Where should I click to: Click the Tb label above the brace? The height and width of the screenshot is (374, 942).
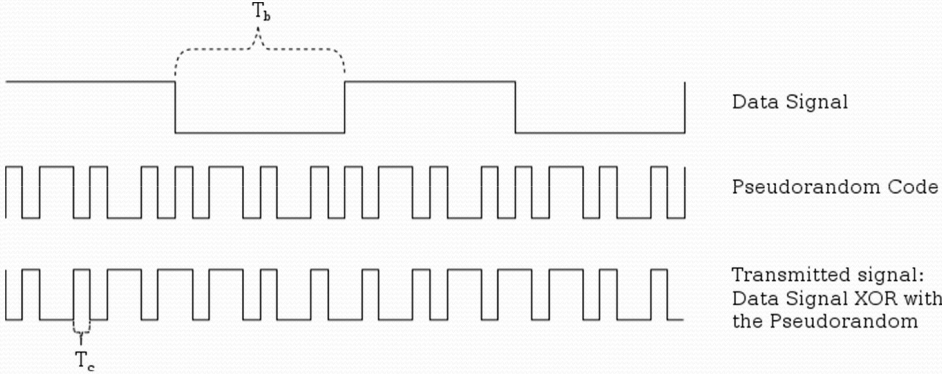[261, 12]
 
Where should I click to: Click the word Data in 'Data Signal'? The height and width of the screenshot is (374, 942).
[750, 102]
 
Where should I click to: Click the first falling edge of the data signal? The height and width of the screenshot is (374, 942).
[175, 106]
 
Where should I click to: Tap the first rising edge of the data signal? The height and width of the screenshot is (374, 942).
[345, 106]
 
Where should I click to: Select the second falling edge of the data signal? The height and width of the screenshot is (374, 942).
[515, 106]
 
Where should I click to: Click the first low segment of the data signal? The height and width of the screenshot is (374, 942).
[260, 132]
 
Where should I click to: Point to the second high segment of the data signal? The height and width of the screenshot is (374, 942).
[430, 82]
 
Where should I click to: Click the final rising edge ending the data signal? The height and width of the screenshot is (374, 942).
[685, 106]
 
